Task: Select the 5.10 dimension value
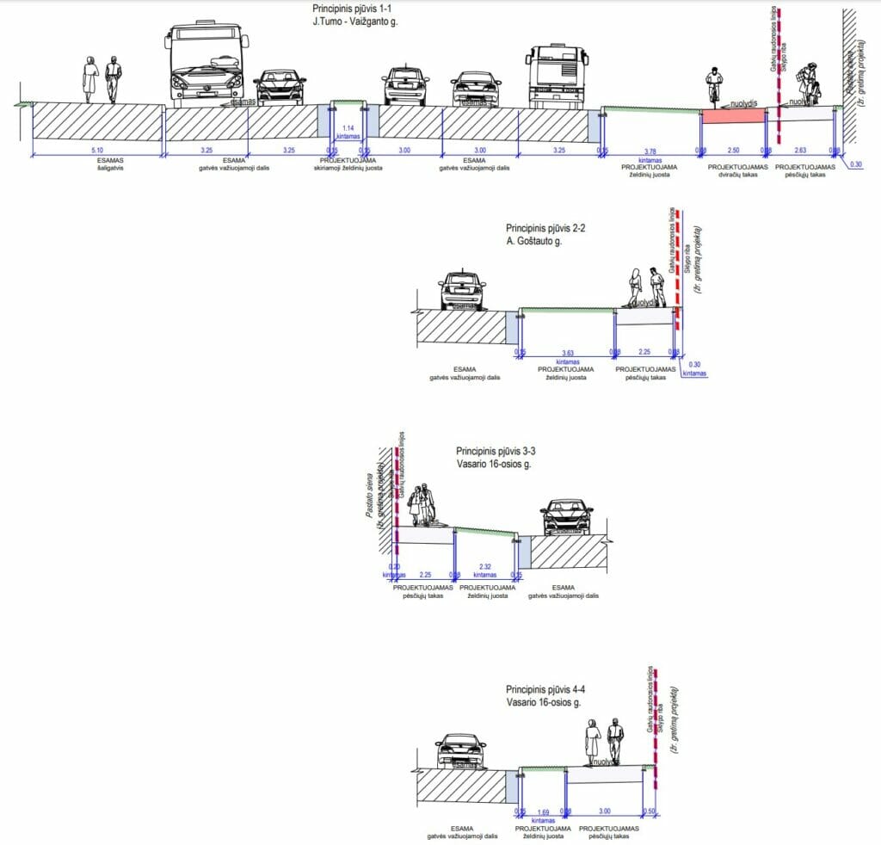[x=96, y=151]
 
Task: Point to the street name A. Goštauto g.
[x=545, y=242]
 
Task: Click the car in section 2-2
[x=461, y=290]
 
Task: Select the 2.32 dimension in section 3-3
[x=484, y=565]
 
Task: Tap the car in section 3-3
[x=566, y=516]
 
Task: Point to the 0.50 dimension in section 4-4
[x=650, y=811]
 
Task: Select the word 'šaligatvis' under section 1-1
[x=96, y=170]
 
